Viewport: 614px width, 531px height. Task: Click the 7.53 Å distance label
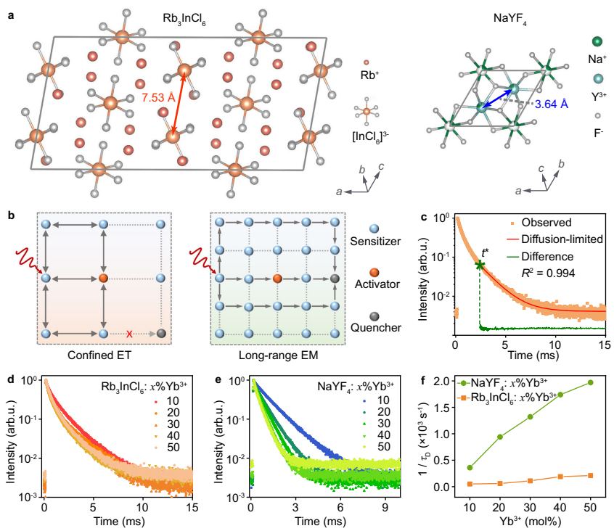158,99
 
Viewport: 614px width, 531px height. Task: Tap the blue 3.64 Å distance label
552,104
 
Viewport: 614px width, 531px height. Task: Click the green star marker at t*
480,265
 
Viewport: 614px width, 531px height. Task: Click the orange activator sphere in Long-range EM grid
277,279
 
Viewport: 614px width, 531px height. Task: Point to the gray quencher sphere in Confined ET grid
160,334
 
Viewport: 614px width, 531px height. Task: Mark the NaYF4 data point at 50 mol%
590,382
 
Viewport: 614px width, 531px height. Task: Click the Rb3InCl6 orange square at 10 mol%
470,484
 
